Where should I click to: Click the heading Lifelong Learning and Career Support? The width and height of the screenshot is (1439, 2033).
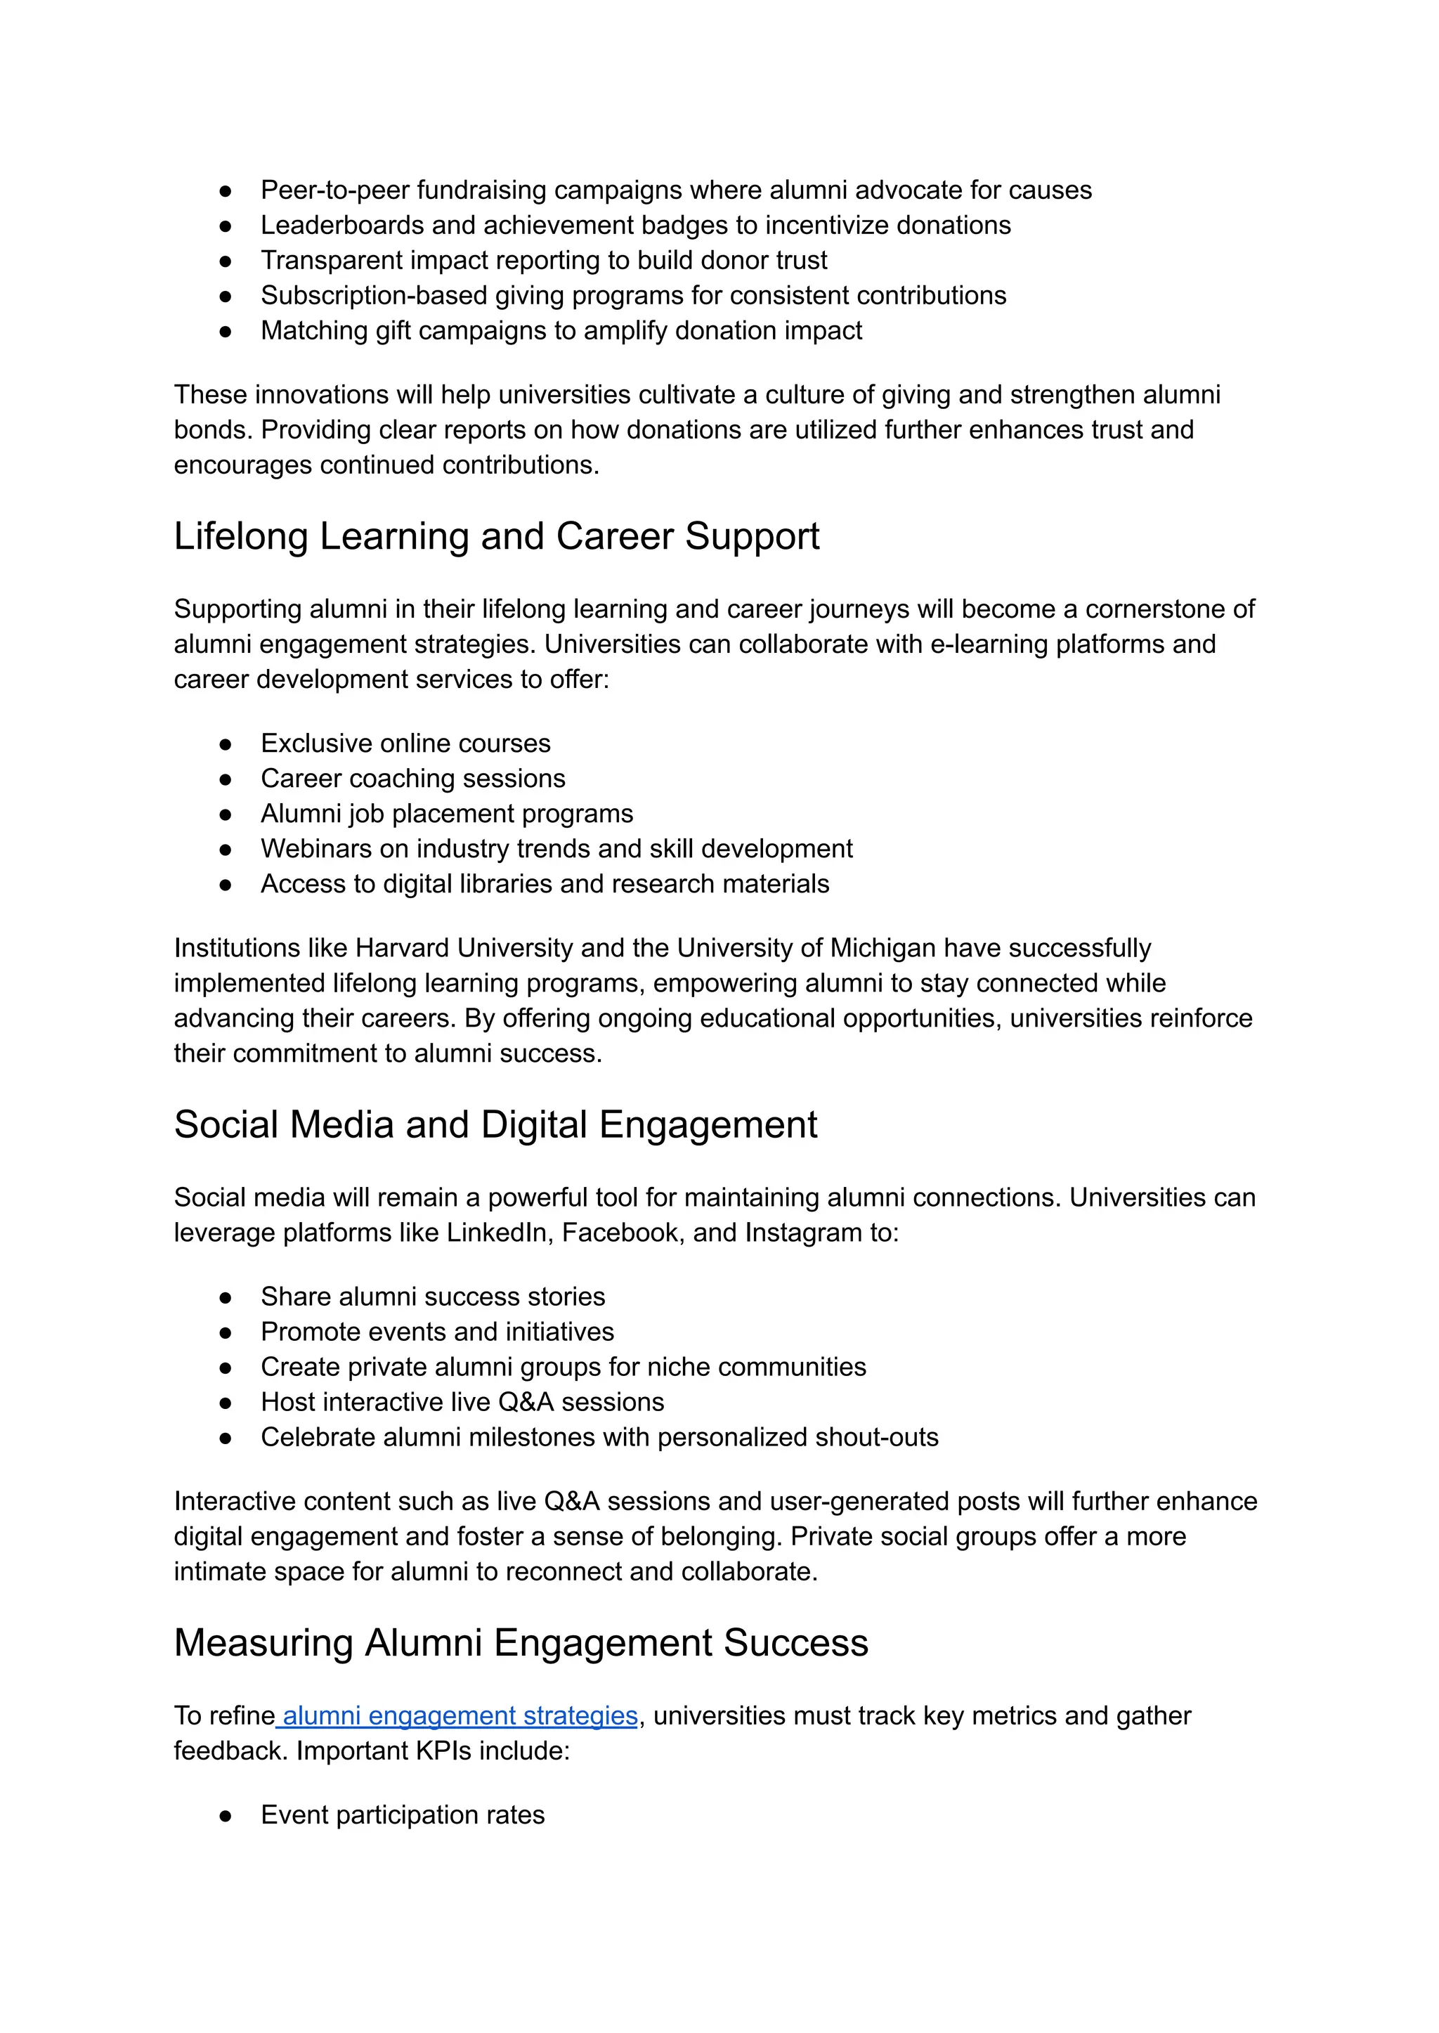pyautogui.click(x=496, y=537)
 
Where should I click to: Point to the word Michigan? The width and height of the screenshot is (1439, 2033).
pyautogui.click(x=883, y=947)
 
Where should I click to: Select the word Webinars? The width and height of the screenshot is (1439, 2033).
pyautogui.click(x=315, y=849)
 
